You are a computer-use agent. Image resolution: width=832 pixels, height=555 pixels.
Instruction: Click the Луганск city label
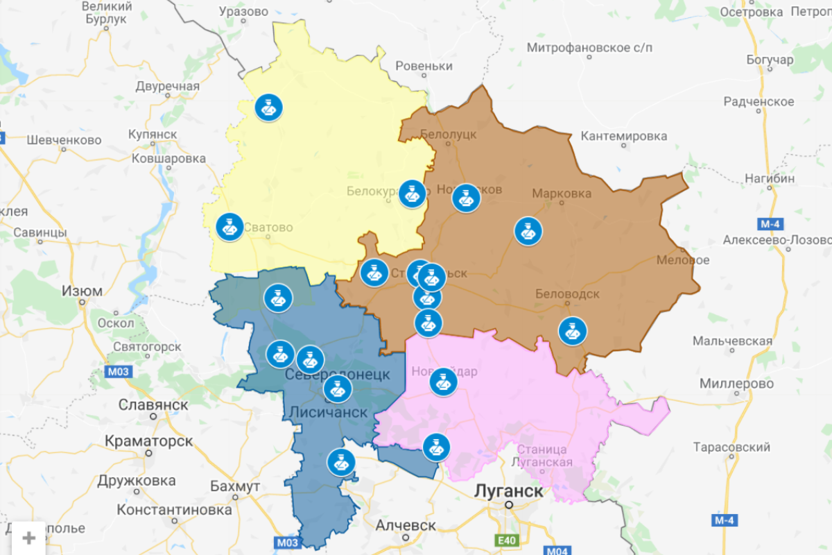508,490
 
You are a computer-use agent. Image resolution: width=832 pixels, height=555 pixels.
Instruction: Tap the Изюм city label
82,291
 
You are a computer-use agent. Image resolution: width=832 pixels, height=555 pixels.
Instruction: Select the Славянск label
153,404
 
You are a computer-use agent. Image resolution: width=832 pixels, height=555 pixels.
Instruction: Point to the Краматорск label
148,441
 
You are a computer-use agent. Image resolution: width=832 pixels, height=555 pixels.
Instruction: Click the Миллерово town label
736,384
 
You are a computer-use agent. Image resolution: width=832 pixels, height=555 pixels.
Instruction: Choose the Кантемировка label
623,136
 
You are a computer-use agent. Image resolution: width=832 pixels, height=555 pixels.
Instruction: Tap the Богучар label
770,60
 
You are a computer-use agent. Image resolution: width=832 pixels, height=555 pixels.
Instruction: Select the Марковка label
562,193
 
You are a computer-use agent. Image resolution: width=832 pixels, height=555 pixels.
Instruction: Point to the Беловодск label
567,294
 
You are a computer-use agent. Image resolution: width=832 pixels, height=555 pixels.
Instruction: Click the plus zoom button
29,538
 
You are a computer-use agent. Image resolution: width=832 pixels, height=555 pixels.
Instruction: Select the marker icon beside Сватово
229,227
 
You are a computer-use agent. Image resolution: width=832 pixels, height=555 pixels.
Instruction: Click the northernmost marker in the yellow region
268,108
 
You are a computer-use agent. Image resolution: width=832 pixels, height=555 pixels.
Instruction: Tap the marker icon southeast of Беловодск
572,331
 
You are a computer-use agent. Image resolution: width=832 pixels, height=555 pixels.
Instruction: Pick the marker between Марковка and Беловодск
528,231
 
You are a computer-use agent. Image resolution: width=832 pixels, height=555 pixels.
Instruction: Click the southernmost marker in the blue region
340,461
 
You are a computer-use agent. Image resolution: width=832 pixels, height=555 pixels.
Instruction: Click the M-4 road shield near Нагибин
768,223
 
